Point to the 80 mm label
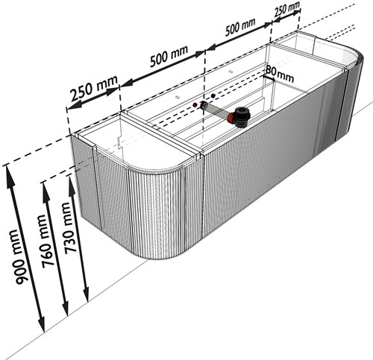coord(280,74)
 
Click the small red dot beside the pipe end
coord(195,105)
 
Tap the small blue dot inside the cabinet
coord(213,95)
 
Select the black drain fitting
coord(241,116)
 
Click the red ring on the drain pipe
coord(231,118)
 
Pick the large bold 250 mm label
coord(94,88)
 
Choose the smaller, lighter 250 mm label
coord(287,9)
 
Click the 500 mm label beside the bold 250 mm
coord(169,56)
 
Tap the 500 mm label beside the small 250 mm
coord(240,27)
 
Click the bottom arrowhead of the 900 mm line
coord(42,324)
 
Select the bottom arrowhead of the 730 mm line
coord(86,294)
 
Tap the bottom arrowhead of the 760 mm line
coord(66,309)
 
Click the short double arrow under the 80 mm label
coord(269,78)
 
